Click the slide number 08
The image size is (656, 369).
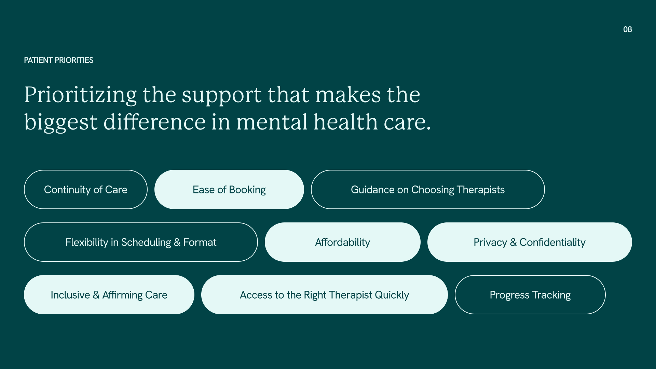click(627, 29)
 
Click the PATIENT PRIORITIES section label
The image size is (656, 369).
click(58, 60)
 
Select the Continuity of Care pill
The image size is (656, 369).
click(85, 190)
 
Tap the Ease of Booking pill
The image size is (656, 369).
click(229, 190)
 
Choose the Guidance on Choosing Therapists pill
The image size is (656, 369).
click(427, 190)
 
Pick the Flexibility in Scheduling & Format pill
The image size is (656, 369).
click(141, 242)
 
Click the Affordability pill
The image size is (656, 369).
click(342, 242)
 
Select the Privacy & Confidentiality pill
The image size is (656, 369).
click(529, 242)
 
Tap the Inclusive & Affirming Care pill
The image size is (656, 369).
click(109, 295)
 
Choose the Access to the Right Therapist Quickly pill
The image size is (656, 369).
click(324, 295)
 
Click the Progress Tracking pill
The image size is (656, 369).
click(530, 295)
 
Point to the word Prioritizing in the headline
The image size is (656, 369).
click(80, 95)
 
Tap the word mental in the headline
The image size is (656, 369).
click(272, 122)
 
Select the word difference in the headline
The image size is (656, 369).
click(154, 122)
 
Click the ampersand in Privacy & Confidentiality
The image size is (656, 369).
click(513, 243)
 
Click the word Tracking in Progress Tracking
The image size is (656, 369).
click(551, 295)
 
